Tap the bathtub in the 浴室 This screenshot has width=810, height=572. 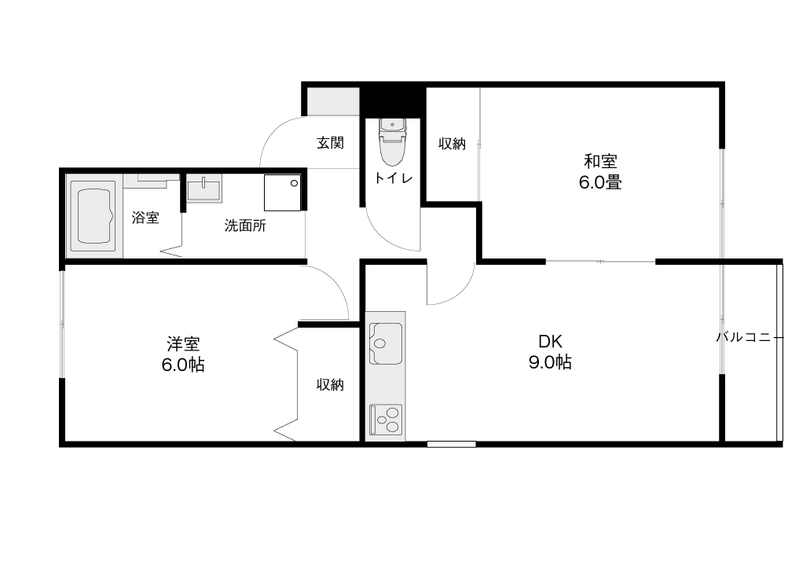[x=94, y=216]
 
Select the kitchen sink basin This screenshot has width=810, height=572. [x=386, y=343]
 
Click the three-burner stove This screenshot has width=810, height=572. [x=386, y=419]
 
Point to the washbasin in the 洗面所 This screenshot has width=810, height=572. [x=204, y=188]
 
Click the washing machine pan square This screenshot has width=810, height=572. [x=282, y=192]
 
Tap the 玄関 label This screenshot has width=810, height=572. [x=330, y=143]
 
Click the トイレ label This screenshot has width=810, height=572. [x=393, y=178]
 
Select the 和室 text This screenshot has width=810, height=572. [x=600, y=161]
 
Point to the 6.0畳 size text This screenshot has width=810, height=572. [x=600, y=182]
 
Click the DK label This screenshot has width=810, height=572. [x=550, y=341]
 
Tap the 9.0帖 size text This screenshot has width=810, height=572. [x=550, y=362]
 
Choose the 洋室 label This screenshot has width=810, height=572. [x=183, y=343]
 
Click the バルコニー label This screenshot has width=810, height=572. [x=750, y=337]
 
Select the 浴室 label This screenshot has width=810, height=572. [x=145, y=218]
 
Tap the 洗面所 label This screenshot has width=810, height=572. [x=245, y=225]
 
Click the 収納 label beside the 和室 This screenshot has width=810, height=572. [x=452, y=143]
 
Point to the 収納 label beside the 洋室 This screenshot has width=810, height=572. [x=330, y=384]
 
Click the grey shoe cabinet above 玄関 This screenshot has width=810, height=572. [x=333, y=101]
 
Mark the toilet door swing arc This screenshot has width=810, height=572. [x=385, y=239]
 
